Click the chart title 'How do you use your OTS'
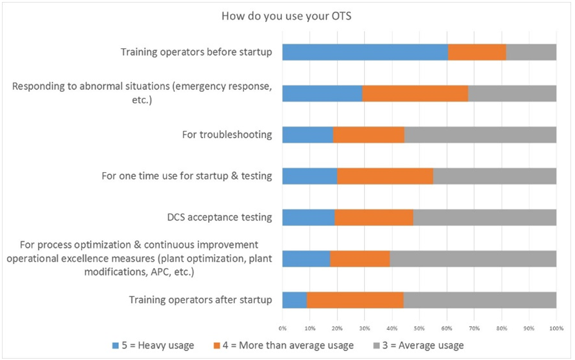click(287, 16)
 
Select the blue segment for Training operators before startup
click(365, 51)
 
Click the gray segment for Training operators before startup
click(531, 51)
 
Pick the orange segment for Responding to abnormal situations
click(415, 93)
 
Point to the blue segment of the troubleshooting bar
click(308, 134)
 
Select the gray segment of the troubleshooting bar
click(481, 134)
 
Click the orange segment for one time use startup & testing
click(385, 175)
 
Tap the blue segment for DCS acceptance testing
click(308, 217)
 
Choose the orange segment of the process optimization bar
click(360, 258)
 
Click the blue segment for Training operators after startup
click(294, 300)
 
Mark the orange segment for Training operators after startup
click(355, 300)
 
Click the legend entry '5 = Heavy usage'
click(153, 346)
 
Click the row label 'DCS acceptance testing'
click(218, 217)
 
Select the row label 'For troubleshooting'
click(227, 134)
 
